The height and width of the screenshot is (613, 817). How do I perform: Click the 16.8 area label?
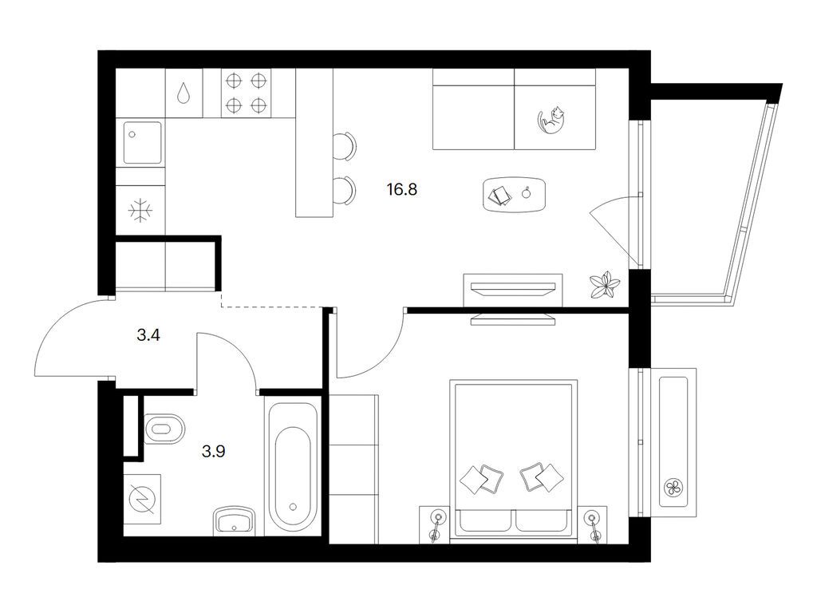point(402,189)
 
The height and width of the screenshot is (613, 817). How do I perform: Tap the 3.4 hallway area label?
point(148,335)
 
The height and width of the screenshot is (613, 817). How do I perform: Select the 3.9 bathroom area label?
point(214,451)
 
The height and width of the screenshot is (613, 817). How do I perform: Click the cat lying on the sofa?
point(551,120)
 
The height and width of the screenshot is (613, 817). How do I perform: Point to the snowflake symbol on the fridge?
point(140,211)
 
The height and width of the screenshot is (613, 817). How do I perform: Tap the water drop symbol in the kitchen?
point(183,94)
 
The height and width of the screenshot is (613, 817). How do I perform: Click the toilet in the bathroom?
point(163,429)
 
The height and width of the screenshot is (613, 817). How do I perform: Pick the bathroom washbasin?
point(235,520)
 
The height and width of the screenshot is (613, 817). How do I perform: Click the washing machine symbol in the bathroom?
point(142,499)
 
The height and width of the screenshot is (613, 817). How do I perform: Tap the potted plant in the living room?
point(605,285)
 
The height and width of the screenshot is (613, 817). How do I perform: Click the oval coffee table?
point(515,195)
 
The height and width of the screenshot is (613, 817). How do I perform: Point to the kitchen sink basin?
point(142,143)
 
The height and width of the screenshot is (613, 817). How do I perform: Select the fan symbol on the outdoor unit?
point(673,488)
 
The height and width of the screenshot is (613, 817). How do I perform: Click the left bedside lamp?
point(436,524)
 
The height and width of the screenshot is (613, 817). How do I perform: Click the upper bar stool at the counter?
point(345,147)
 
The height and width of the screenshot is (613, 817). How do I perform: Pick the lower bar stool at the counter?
point(345,191)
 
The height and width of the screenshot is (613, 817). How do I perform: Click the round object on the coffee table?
point(527,193)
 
